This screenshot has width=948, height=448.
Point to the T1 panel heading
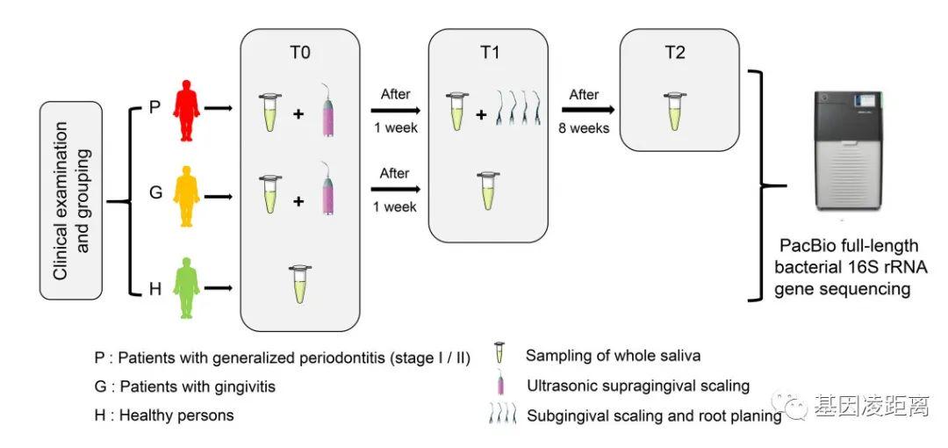pos(489,53)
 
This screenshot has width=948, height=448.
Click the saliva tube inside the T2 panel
pos(673,110)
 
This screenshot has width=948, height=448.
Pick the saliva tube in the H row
pos(299,283)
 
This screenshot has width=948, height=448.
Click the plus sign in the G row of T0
pos(298,201)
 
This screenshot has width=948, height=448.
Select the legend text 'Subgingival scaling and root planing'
pos(654,415)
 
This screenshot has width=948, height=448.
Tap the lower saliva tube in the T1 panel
pos(487,191)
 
